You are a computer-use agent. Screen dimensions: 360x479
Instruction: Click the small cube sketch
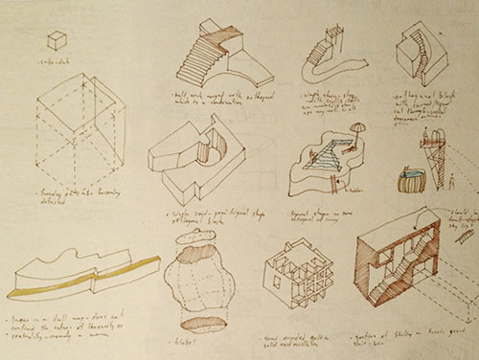(57, 39)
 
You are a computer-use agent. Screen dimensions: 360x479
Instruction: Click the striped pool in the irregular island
(331, 156)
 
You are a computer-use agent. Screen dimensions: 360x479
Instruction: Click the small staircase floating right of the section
(467, 235)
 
